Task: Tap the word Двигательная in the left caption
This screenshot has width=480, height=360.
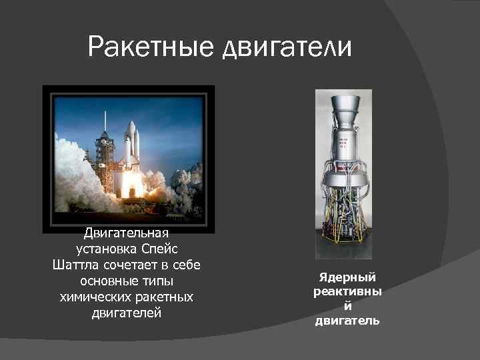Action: tap(127, 234)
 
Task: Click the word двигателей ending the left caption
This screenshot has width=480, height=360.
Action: tap(127, 312)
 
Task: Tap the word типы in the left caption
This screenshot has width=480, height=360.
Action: tap(157, 281)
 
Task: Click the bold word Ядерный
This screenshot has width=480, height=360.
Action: tap(347, 277)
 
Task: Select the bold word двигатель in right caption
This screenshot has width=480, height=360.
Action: tap(347, 321)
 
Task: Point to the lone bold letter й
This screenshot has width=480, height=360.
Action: tap(347, 306)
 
